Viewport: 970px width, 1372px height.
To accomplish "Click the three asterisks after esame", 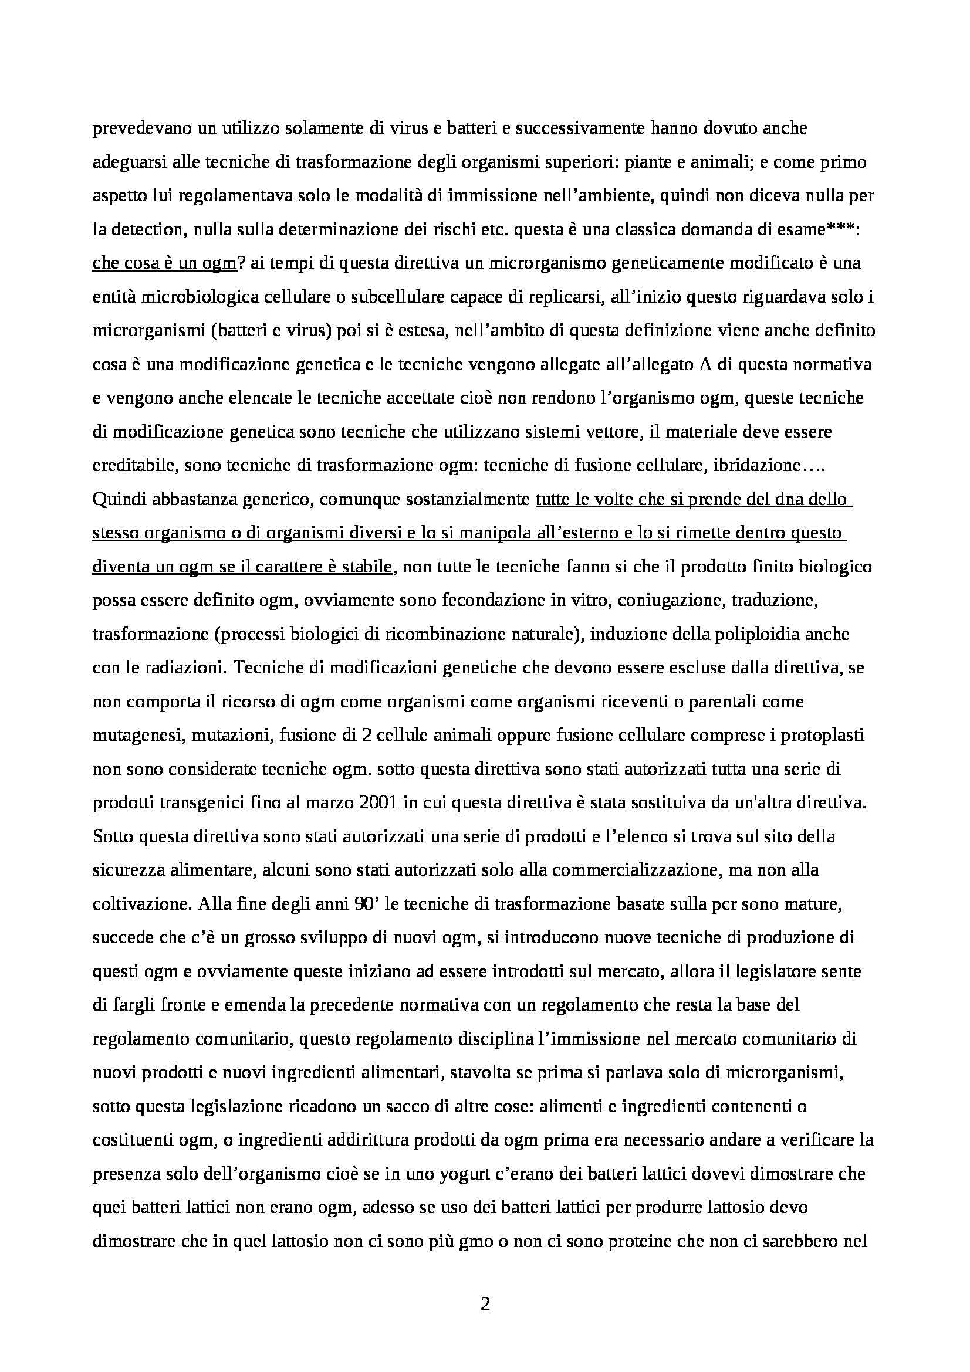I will pos(844,230).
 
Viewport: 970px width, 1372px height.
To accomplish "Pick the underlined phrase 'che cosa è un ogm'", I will pos(165,263).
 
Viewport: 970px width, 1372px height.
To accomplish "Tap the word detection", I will pos(144,230).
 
